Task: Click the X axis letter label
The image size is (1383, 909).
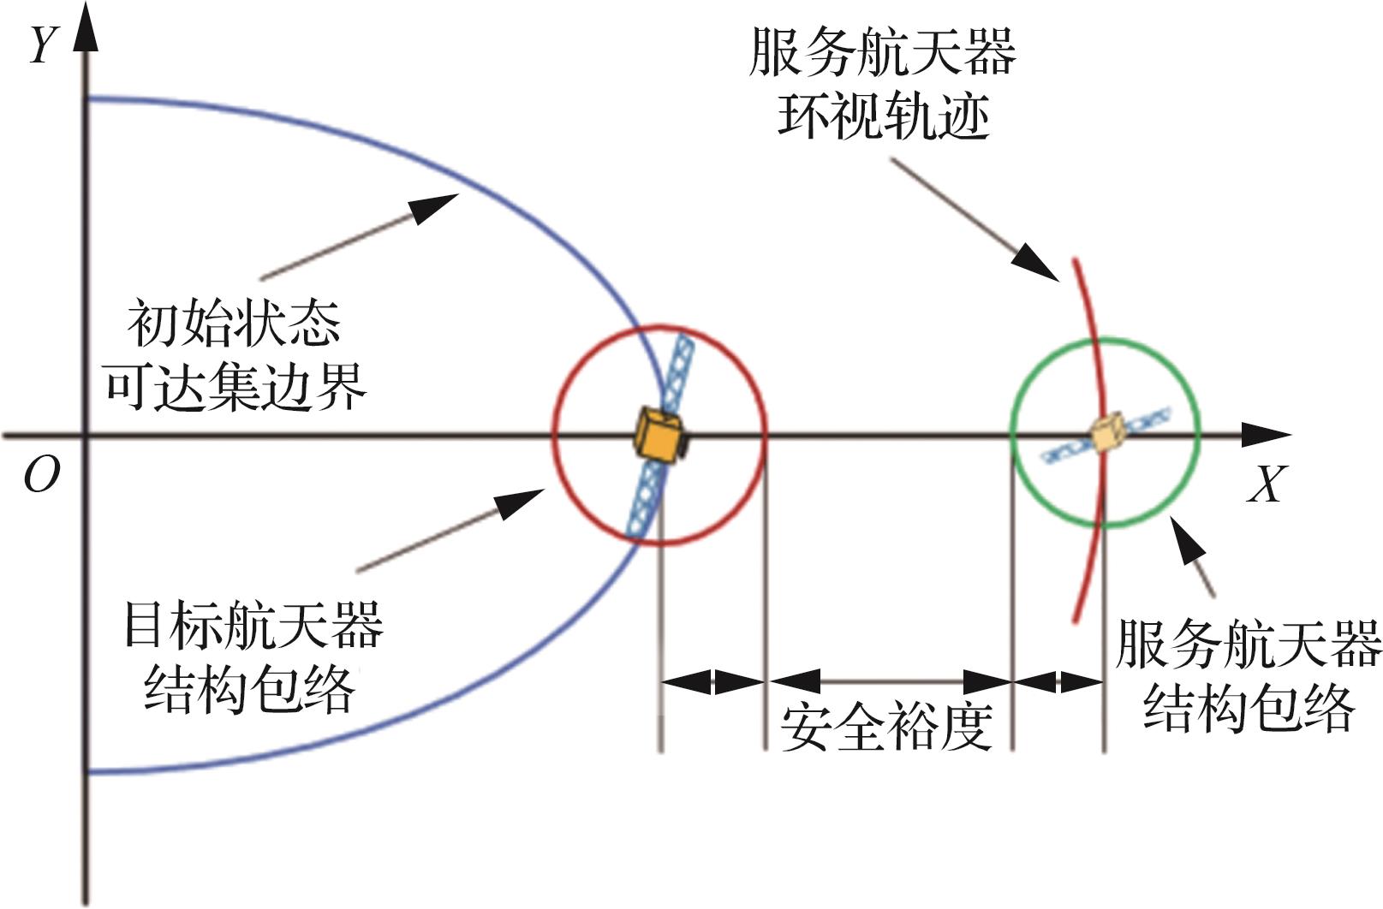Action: (1267, 485)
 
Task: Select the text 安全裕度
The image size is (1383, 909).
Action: (886, 728)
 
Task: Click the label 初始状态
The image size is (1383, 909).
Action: (234, 324)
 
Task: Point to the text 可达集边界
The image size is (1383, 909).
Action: (235, 386)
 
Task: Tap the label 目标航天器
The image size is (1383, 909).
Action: (253, 626)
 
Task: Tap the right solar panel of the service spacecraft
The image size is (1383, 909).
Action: (1147, 420)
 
